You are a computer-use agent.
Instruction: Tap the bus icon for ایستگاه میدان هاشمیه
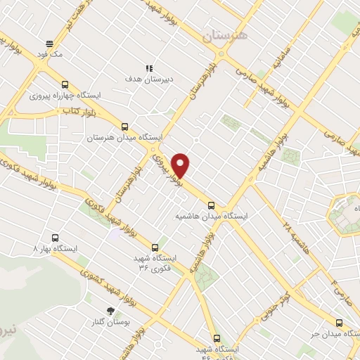(x=212, y=205)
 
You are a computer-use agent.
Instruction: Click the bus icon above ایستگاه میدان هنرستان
(x=124, y=126)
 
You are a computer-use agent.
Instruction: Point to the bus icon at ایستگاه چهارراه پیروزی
(x=65, y=82)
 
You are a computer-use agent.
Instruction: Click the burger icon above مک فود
(x=49, y=41)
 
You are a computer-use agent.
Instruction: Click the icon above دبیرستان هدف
(x=149, y=67)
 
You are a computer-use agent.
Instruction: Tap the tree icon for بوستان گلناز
(x=110, y=310)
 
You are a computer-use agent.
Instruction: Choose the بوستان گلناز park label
(x=110, y=322)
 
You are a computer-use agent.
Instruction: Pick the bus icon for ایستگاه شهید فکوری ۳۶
(x=155, y=247)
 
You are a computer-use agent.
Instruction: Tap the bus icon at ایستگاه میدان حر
(x=340, y=323)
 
